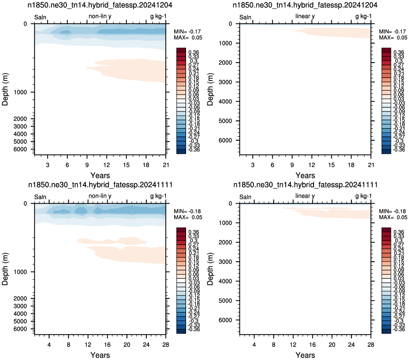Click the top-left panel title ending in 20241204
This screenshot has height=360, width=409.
[x=100, y=5]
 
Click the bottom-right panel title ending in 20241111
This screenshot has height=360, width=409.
[x=305, y=185]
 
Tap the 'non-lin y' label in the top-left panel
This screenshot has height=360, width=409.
[x=100, y=16]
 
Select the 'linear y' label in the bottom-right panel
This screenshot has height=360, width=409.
[x=305, y=196]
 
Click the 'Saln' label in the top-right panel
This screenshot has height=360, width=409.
[x=245, y=17]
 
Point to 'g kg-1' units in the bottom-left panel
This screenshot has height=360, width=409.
[x=158, y=196]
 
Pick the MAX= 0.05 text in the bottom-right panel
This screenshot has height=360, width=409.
[x=393, y=217]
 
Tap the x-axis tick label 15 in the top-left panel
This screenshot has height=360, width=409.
[x=126, y=165]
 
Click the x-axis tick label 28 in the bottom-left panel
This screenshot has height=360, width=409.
[x=165, y=344]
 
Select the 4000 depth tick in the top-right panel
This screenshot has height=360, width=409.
[x=225, y=101]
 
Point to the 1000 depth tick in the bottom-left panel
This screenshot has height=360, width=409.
[x=20, y=272]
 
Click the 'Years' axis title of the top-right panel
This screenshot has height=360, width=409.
[x=305, y=175]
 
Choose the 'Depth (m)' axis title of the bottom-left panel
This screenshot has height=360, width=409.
[x=5, y=269]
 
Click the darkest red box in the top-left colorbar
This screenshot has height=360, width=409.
[x=181, y=50]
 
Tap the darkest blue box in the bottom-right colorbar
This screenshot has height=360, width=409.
[x=386, y=331]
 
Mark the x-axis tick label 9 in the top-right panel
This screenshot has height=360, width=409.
[x=292, y=165]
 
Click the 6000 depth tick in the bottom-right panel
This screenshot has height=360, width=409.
[x=225, y=320]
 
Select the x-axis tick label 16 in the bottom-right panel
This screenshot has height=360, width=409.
[x=312, y=344]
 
